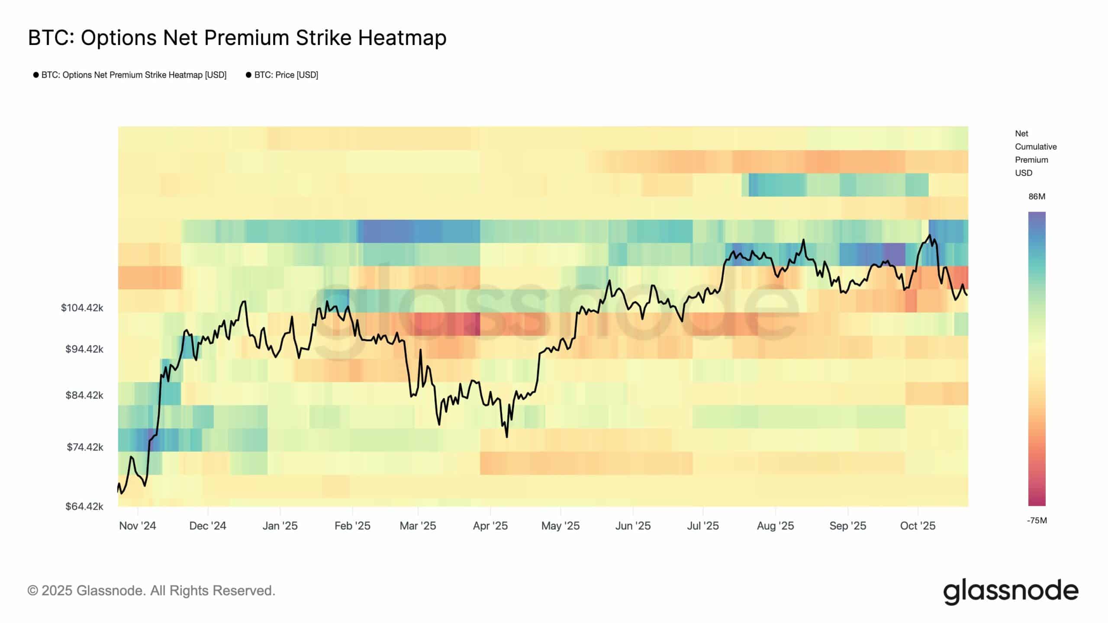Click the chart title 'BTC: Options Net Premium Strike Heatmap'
click(237, 38)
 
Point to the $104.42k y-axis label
click(82, 308)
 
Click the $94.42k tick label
click(84, 349)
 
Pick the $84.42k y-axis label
click(84, 395)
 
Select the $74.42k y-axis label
click(85, 446)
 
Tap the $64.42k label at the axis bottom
click(84, 506)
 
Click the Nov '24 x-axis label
click(137, 526)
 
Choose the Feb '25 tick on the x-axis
click(352, 526)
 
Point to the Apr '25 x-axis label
click(490, 526)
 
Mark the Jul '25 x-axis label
click(702, 526)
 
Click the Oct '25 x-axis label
click(918, 526)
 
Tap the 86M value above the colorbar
click(1037, 196)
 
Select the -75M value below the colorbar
click(1037, 520)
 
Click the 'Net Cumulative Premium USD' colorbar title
click(1035, 153)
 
